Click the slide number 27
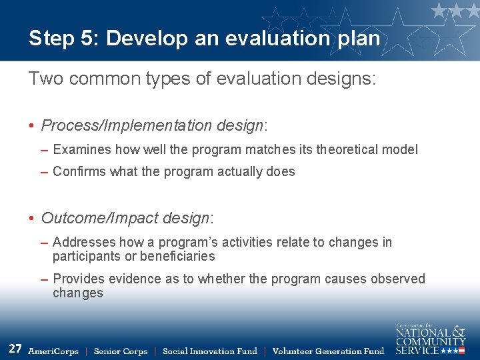[x=15, y=349]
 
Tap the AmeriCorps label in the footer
[x=53, y=351]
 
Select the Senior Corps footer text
[x=121, y=351]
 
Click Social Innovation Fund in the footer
[x=210, y=351]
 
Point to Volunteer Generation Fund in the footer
[x=328, y=351]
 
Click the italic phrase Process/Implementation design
[x=153, y=125]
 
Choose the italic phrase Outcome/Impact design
[x=125, y=218]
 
